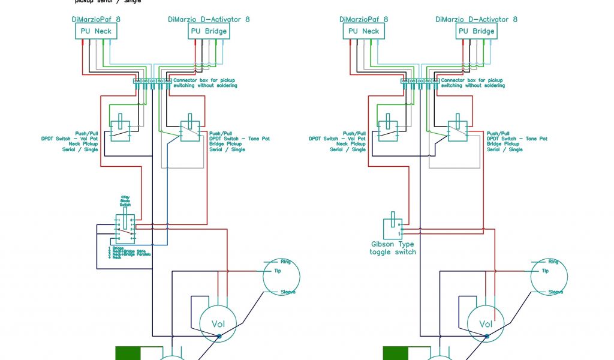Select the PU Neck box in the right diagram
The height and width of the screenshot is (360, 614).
363,31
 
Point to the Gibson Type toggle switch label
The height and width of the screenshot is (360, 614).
392,248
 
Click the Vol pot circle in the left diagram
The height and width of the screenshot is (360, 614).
218,324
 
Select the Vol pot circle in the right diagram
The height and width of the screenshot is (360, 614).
486,324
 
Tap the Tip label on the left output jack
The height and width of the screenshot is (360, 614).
277,271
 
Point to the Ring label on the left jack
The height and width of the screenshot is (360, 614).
285,262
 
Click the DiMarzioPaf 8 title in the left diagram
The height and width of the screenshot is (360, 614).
96,19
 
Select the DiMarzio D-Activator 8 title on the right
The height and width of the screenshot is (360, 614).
476,19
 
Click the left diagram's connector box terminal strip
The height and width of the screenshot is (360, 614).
152,81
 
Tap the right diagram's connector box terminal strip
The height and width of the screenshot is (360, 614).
420,81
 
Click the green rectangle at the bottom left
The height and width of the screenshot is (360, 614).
128,353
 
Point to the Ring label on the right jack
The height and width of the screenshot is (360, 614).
553,262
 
